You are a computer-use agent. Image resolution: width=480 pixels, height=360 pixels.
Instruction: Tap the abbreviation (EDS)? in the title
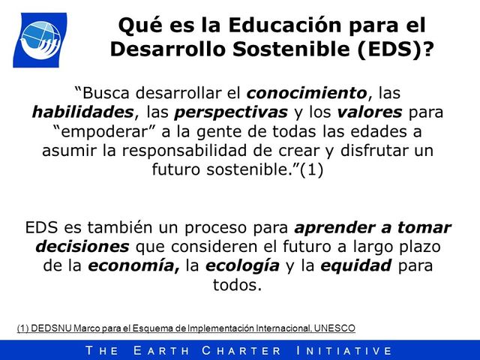(397, 49)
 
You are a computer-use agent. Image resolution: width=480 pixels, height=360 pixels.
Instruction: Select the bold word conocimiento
(306, 94)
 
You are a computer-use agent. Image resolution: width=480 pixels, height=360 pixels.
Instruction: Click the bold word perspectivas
(231, 112)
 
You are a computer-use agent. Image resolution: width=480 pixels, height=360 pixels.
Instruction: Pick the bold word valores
(376, 112)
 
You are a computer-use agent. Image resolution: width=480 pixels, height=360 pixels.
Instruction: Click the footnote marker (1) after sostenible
(310, 169)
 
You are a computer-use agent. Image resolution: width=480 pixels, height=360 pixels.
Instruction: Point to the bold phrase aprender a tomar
(373, 228)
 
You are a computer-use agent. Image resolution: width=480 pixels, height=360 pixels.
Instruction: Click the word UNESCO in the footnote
(335, 328)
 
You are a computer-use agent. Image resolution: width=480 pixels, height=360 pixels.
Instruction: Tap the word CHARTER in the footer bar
(241, 350)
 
